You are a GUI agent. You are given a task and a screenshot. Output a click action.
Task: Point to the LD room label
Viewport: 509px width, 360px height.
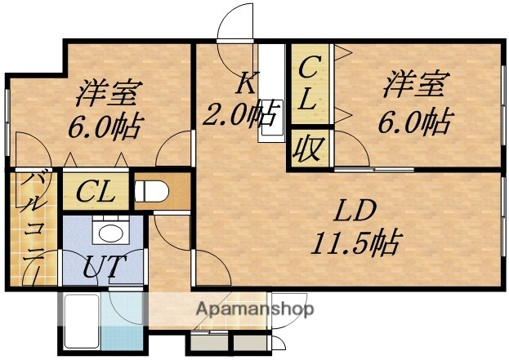pos(355,212)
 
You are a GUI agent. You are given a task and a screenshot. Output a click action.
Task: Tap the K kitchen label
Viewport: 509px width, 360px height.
pos(246,82)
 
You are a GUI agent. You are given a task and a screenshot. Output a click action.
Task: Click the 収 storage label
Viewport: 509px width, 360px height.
pos(308,149)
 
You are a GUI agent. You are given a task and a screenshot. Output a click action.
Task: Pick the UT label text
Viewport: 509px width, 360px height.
pos(103,268)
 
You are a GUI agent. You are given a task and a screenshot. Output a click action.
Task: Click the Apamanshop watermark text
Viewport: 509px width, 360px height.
pos(254,309)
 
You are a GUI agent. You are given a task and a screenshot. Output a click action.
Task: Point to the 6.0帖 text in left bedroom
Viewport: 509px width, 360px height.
pos(105,127)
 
